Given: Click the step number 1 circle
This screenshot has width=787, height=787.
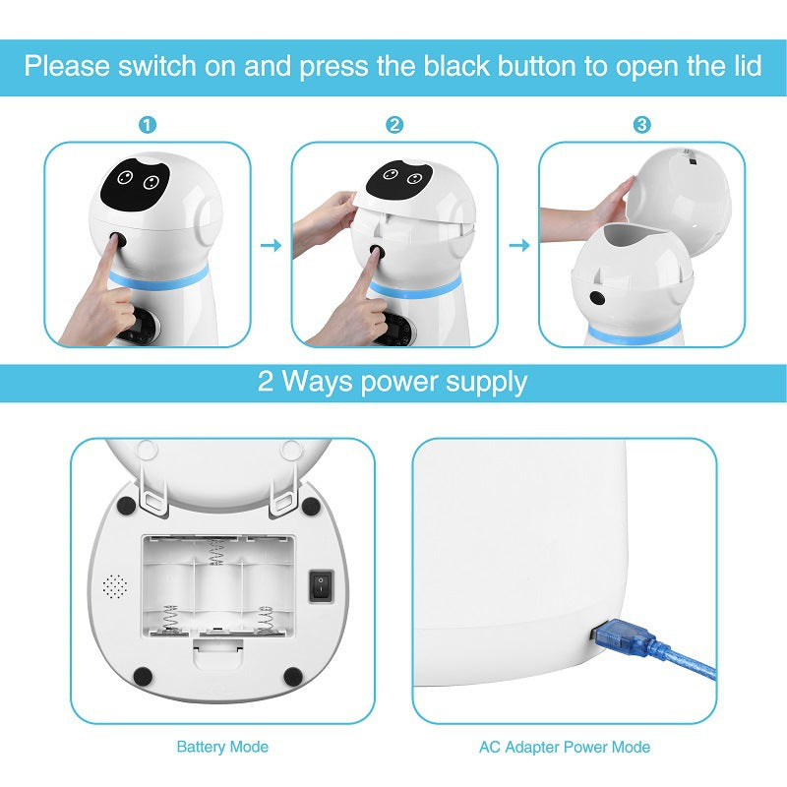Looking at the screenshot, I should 148,125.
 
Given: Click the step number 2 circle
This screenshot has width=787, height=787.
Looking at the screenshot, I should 394,125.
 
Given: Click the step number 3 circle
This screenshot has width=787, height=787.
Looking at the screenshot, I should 641,125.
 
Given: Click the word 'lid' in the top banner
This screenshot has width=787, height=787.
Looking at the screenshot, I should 744,67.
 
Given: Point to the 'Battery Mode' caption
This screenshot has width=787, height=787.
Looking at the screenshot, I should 222,747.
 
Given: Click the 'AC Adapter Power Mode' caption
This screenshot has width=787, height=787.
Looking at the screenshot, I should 564,747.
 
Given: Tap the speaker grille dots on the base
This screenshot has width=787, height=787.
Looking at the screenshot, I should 115,588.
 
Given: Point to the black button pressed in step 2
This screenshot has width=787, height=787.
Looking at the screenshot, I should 376,253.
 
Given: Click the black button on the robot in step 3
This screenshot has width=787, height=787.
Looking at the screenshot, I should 596,298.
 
